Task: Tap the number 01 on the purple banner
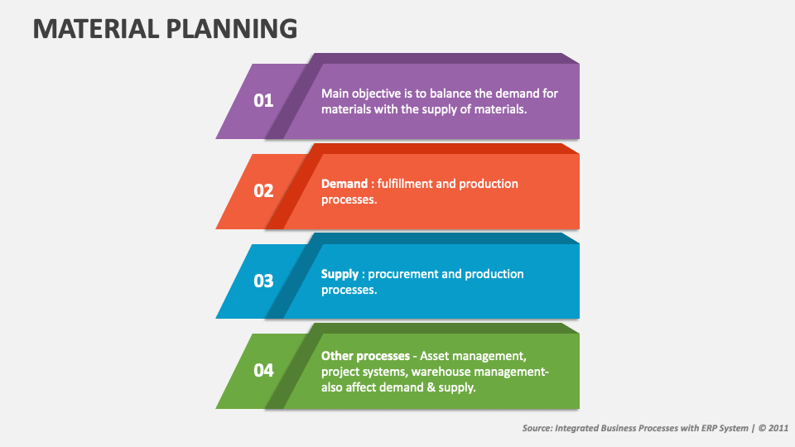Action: [263, 101]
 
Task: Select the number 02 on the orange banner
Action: [263, 190]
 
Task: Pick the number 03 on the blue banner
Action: [263, 281]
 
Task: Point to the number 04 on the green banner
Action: [263, 370]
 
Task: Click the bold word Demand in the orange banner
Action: [344, 184]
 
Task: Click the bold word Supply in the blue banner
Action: [340, 274]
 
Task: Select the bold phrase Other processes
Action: [365, 356]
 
